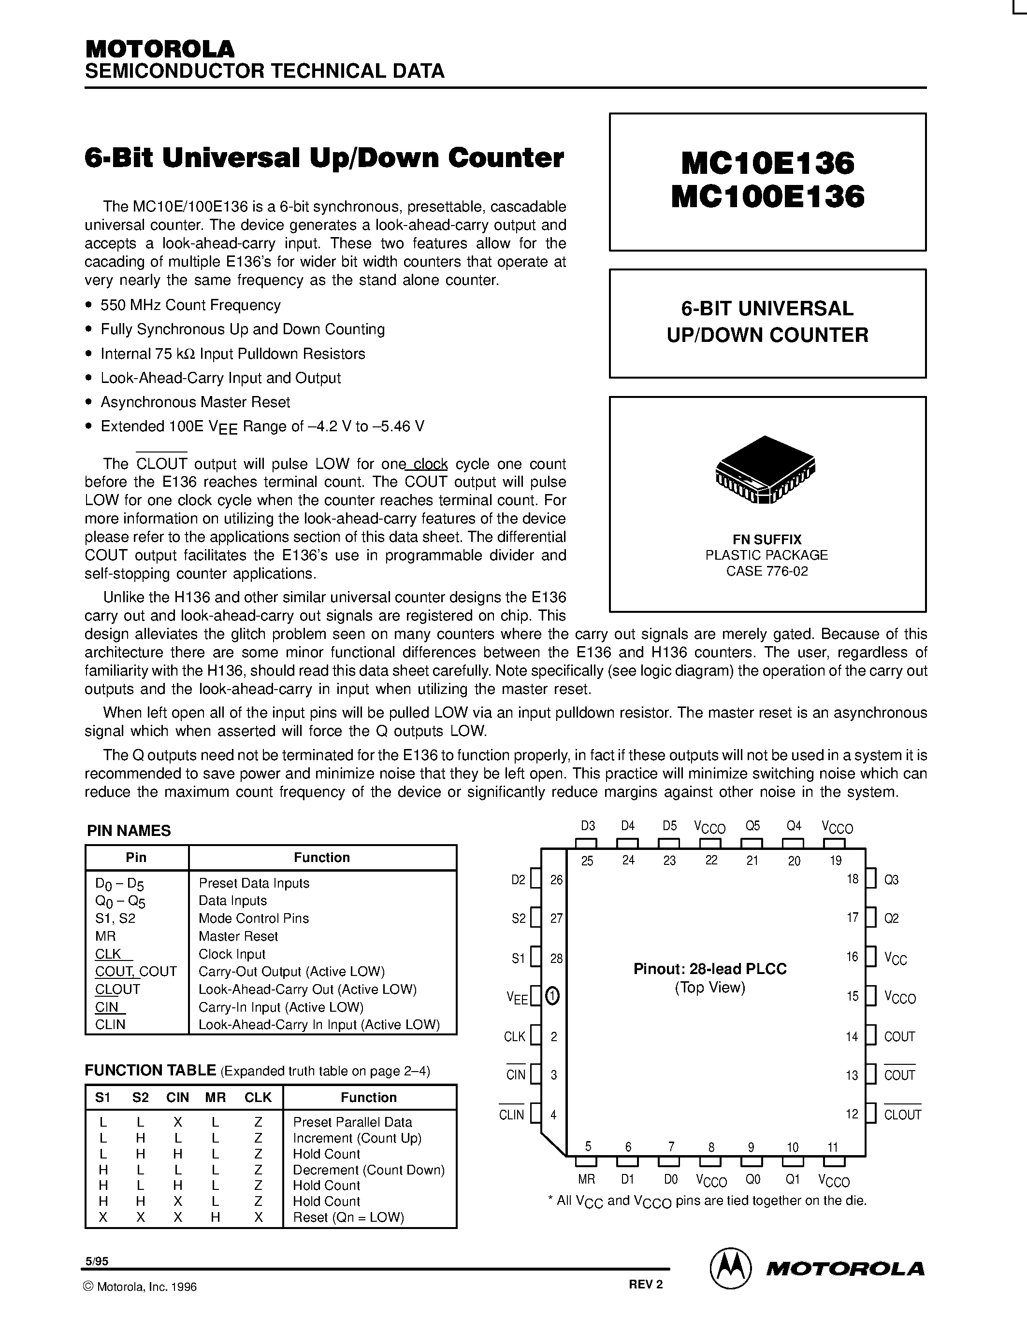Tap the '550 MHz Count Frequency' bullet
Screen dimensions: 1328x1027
(190, 305)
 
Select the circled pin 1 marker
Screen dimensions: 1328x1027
(552, 996)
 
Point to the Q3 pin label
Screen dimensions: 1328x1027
(891, 880)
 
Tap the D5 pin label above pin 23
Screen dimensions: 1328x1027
(669, 826)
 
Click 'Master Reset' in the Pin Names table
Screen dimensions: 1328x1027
(238, 936)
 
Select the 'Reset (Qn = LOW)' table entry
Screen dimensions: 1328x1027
(348, 1217)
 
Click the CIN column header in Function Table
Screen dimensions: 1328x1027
(178, 1098)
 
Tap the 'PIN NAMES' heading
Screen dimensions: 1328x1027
(129, 831)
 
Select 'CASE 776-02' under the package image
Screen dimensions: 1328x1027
(767, 571)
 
